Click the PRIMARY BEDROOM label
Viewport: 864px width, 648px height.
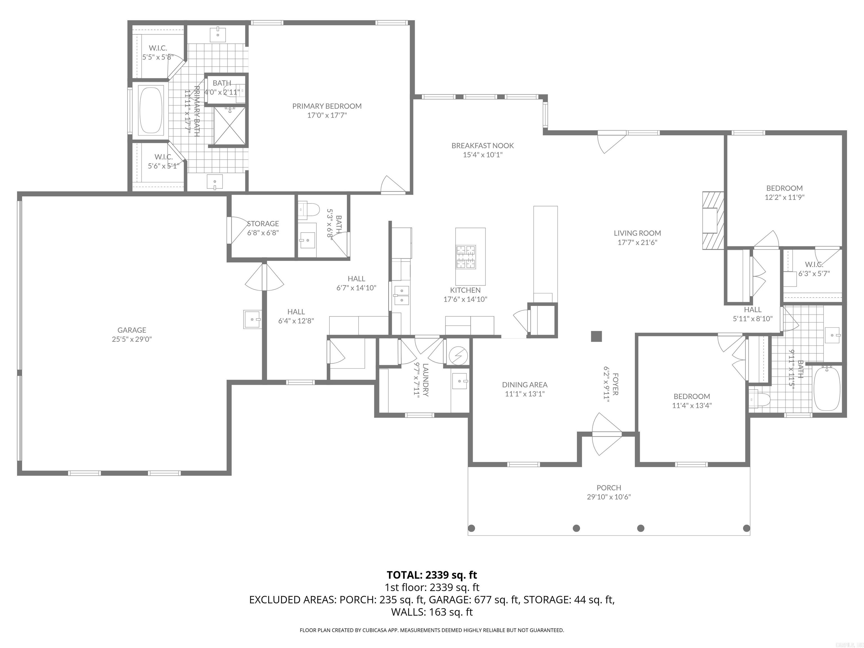[x=327, y=106]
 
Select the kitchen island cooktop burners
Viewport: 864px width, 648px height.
[x=466, y=256]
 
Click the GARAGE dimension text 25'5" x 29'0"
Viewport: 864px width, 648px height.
[x=132, y=339]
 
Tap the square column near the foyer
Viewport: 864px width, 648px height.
[x=596, y=336]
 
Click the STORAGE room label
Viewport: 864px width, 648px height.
[x=263, y=223]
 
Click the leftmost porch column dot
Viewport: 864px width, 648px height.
[x=471, y=528]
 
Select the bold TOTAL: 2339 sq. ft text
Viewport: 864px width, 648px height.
[x=432, y=575]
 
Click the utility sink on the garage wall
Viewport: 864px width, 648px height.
[x=252, y=319]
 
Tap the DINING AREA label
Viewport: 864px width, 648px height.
[x=525, y=385]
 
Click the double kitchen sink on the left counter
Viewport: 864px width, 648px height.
[x=402, y=295]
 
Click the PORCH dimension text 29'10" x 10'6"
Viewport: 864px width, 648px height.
[x=609, y=497]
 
